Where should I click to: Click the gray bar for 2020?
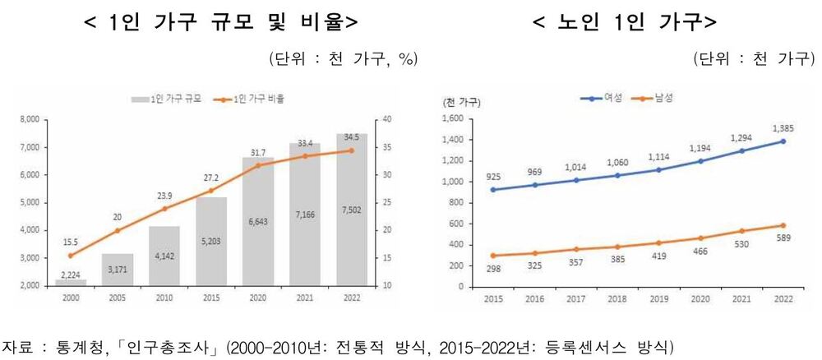click(x=258, y=222)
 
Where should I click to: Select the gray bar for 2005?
click(x=117, y=270)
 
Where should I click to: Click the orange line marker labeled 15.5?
click(x=71, y=256)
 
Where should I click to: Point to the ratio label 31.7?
click(x=256, y=152)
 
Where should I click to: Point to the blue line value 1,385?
click(x=783, y=129)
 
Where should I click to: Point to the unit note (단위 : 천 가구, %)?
click(x=343, y=58)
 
